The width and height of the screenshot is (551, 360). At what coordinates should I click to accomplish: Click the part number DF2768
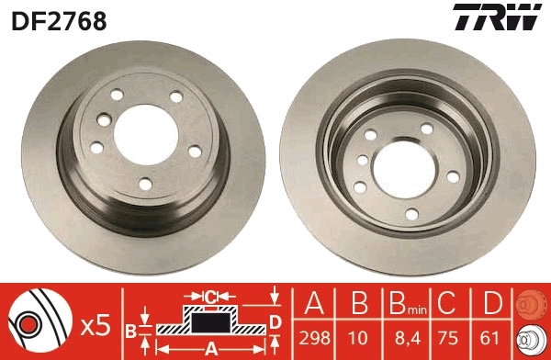pyautogui.click(x=58, y=19)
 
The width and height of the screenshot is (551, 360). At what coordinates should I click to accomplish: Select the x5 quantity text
pyautogui.click(x=95, y=324)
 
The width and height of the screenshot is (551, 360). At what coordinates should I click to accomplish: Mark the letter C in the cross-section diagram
pyautogui.click(x=209, y=296)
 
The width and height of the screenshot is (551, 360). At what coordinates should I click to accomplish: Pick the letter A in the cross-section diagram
pyautogui.click(x=209, y=348)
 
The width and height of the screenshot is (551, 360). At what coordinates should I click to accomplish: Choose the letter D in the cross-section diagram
pyautogui.click(x=275, y=321)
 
